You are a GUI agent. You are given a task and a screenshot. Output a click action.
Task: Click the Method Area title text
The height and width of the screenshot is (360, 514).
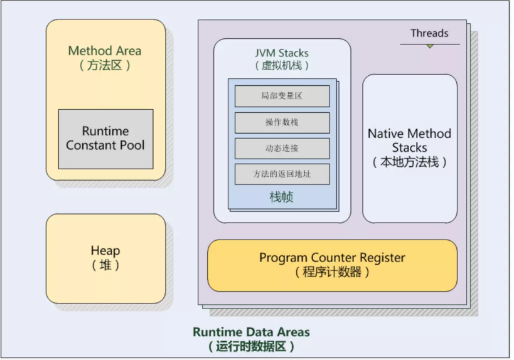click(105, 51)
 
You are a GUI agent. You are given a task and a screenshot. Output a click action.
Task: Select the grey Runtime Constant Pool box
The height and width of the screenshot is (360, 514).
click(106, 139)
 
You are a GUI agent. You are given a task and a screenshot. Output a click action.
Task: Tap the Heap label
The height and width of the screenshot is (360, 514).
click(105, 251)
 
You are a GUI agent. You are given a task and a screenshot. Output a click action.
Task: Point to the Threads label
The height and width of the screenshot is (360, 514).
click(429, 33)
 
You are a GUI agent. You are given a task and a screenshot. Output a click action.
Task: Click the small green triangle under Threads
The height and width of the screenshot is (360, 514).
click(430, 46)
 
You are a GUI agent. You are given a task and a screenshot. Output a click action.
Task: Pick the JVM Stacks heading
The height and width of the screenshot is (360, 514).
click(282, 53)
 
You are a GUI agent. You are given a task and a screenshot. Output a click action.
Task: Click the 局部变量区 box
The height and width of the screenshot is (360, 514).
click(282, 96)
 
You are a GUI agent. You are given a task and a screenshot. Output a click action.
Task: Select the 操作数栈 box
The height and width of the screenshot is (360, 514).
click(282, 122)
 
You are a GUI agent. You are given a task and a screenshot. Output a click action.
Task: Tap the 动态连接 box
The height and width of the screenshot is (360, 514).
click(282, 149)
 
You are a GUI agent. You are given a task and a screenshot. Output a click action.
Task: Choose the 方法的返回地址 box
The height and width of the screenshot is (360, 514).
click(282, 174)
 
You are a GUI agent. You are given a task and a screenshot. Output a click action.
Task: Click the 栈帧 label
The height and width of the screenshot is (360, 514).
click(282, 197)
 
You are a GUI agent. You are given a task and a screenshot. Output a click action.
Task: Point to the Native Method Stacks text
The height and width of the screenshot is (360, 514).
click(409, 140)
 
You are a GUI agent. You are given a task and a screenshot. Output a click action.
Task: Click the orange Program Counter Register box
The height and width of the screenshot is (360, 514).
click(333, 265)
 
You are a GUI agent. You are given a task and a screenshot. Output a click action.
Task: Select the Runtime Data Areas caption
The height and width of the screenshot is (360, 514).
click(251, 332)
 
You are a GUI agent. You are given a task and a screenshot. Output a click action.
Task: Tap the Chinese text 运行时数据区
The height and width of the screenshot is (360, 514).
click(251, 346)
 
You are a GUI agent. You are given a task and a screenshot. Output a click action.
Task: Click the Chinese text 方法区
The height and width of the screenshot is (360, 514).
click(105, 65)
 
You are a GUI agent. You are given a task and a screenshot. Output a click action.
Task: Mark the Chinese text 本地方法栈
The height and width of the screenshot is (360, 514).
click(409, 162)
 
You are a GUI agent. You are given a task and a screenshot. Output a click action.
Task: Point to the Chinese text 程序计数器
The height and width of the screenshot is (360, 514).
click(332, 272)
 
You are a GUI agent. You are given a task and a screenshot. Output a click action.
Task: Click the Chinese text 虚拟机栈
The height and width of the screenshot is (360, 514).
click(282, 65)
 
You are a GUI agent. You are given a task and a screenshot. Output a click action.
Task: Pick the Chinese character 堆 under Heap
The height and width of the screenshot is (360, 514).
click(105, 265)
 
